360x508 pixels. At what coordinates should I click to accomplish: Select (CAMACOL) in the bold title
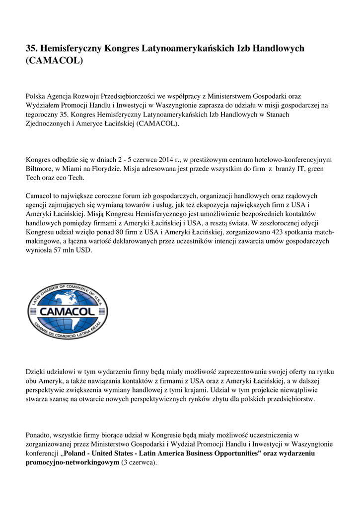point(55,61)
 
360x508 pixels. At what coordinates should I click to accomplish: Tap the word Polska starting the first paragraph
point(35,96)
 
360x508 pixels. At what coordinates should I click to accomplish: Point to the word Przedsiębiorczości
point(129,96)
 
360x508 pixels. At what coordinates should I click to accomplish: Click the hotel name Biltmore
point(38,169)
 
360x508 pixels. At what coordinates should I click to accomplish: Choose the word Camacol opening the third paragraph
point(40,196)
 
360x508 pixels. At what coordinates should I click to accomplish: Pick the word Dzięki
point(36,372)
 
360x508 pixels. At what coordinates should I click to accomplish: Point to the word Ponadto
point(39,436)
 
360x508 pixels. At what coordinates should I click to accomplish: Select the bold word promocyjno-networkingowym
point(72,463)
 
